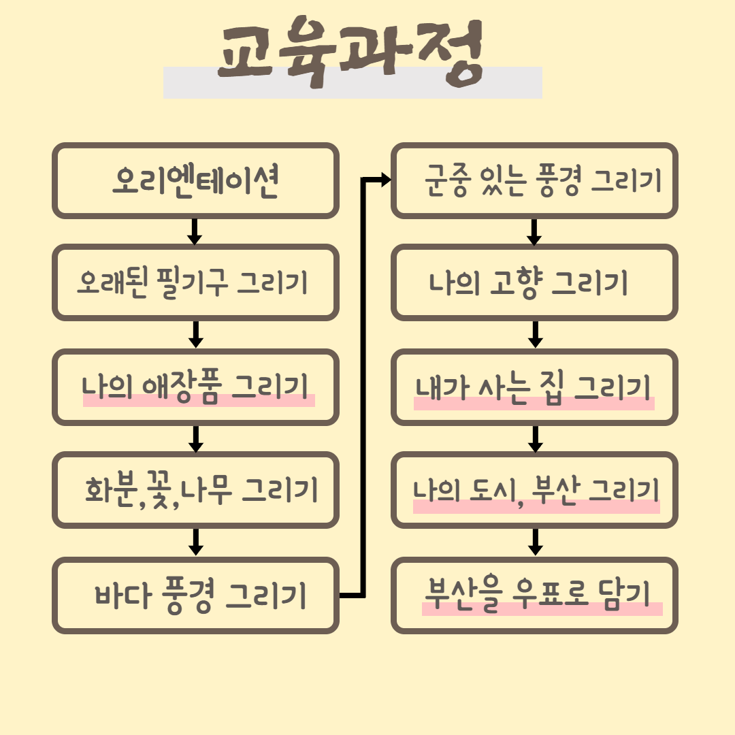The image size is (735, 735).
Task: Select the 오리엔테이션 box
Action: click(x=195, y=181)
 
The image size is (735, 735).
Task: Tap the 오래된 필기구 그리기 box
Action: click(x=195, y=282)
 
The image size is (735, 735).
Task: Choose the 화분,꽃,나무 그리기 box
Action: click(x=195, y=489)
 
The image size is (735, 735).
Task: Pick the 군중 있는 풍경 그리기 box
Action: click(x=535, y=181)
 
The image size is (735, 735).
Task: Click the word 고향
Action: click(x=516, y=283)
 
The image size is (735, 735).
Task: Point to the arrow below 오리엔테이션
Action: click(x=195, y=232)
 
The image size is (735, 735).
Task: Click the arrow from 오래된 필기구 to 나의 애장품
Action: click(x=195, y=334)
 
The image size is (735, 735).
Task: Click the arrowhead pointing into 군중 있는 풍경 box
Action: click(x=386, y=180)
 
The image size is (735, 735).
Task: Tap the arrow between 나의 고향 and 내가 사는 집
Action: click(x=535, y=334)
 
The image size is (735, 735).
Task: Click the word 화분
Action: click(x=111, y=489)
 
